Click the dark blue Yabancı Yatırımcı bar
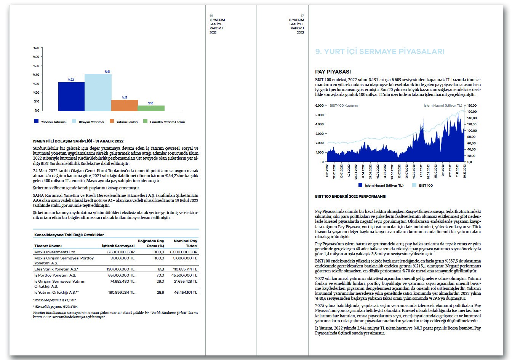[x=71, y=96]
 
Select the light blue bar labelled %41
[x=98, y=92]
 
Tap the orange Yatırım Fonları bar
[x=124, y=105]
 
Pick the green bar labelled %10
[x=151, y=108]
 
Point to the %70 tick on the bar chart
[x=37, y=48]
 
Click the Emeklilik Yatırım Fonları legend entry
[x=164, y=122]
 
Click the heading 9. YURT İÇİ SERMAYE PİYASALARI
[x=380, y=52]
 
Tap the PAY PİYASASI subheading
[x=333, y=72]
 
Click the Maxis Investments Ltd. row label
[x=55, y=252]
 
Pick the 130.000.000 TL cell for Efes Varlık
[x=120, y=269]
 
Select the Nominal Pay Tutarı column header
[x=186, y=243]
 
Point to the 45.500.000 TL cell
[x=184, y=275]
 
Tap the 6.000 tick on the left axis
[x=319, y=106]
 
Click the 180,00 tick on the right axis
[x=472, y=106]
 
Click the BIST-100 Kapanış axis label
[x=344, y=106]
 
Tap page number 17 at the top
[x=302, y=16]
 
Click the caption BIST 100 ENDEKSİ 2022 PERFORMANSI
[x=350, y=197]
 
